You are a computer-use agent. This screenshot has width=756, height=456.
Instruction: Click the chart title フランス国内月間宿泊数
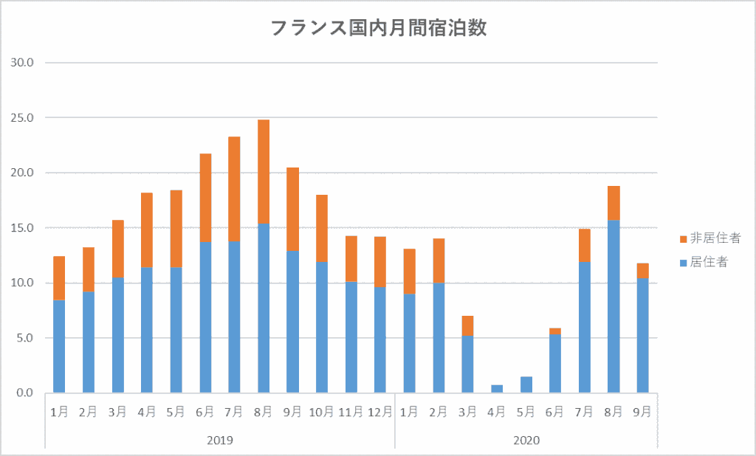[378, 29]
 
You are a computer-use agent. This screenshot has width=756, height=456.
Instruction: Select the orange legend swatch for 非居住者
[683, 239]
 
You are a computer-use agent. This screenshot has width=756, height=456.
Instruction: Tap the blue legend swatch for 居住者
[683, 262]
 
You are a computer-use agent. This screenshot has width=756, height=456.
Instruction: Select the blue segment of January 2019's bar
[59, 347]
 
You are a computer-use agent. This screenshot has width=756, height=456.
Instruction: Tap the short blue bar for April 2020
[497, 389]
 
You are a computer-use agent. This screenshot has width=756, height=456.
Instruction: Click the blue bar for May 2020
[526, 384]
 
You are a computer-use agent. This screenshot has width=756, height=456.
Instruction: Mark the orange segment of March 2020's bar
[468, 326]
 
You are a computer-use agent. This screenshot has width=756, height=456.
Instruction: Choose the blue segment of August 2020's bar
[614, 306]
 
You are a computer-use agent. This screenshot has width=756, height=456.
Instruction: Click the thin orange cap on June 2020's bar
[555, 331]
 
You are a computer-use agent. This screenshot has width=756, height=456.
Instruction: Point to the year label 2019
[220, 441]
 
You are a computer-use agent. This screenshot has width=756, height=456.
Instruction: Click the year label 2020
[526, 441]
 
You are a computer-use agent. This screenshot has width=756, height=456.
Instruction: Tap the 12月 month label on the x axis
[380, 412]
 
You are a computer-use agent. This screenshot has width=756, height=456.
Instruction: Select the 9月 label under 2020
[642, 412]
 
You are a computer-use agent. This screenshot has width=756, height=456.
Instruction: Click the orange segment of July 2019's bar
[234, 189]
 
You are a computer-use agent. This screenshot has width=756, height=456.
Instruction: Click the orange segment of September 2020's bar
[642, 271]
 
